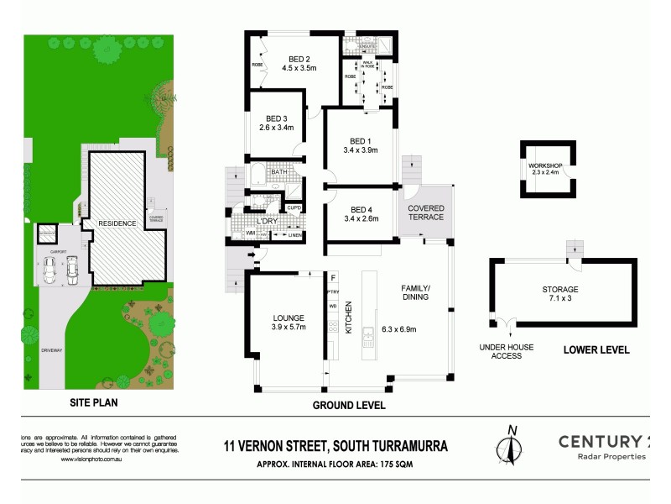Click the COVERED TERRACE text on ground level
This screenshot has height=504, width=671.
426,213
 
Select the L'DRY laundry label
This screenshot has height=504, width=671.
268,221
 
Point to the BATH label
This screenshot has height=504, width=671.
278,172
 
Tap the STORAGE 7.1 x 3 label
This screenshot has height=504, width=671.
559,295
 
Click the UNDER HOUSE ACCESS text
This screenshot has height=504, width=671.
501,350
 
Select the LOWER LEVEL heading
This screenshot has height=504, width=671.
596,350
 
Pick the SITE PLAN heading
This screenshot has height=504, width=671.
92,402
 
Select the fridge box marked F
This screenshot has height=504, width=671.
333,276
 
